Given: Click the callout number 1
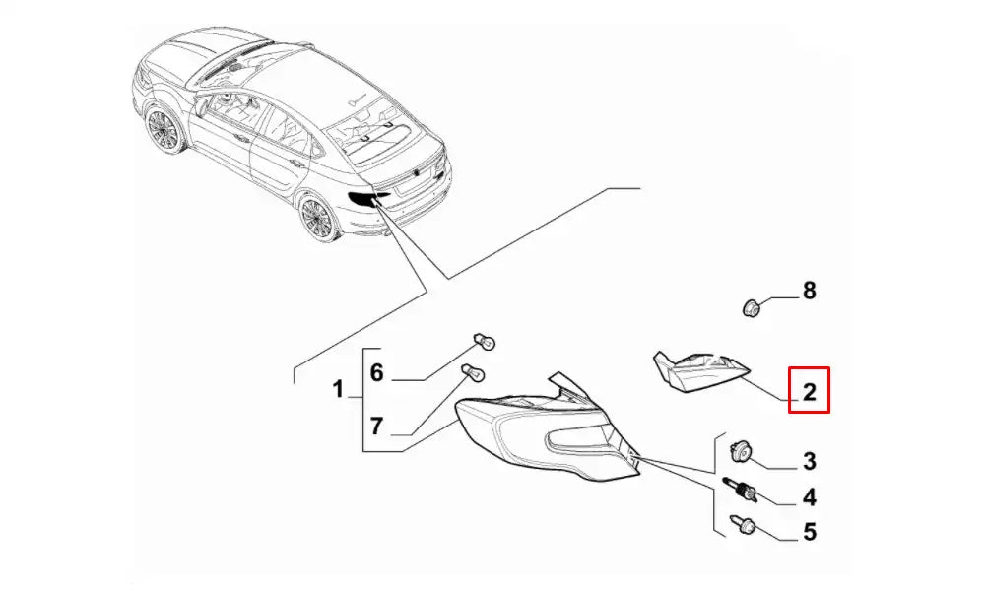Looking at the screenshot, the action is [x=338, y=389].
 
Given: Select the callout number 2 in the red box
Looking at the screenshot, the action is [x=809, y=392].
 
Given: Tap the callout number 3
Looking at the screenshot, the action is [x=809, y=462].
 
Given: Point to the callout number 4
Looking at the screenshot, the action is [x=809, y=497].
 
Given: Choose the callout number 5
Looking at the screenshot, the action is [x=809, y=532].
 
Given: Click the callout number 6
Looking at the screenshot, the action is [x=376, y=372].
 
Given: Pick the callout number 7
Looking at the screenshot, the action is [x=376, y=427].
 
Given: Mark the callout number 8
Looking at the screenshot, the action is [x=809, y=291].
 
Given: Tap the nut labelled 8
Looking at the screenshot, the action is [x=750, y=308].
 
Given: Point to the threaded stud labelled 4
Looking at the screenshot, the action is [x=741, y=490].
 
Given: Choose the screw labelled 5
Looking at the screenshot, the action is [x=740, y=525].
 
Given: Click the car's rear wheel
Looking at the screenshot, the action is [x=319, y=218].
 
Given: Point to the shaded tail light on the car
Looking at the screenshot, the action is [x=367, y=199].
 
